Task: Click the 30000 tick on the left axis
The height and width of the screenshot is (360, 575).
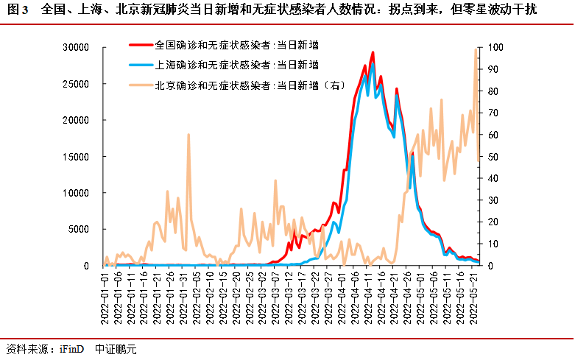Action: [x=77, y=48]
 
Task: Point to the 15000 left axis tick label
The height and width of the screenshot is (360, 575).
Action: [x=77, y=157]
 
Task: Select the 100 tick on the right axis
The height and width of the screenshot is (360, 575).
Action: [x=495, y=48]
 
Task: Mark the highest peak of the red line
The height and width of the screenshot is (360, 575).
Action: [x=373, y=52]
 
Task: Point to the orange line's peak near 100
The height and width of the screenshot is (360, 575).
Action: [x=476, y=49]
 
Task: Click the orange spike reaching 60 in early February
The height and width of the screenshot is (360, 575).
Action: [x=188, y=135]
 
